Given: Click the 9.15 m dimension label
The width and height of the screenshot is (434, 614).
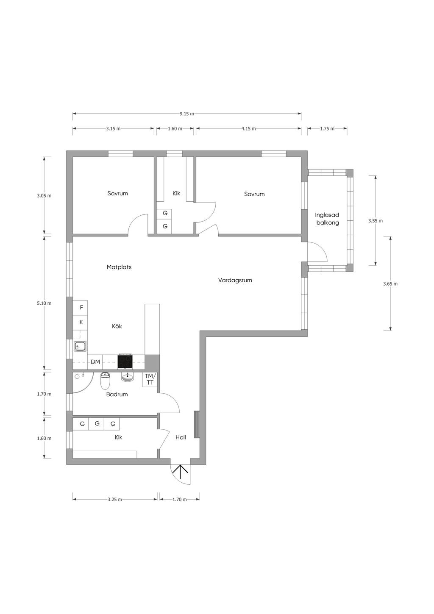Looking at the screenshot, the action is (187, 114).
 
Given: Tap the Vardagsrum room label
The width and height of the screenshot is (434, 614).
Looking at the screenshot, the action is (235, 280).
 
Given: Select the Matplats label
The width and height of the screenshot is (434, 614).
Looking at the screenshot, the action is (119, 267).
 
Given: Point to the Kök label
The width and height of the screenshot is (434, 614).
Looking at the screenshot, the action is (117, 326).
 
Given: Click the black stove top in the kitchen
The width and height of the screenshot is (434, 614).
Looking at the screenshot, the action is (125, 362).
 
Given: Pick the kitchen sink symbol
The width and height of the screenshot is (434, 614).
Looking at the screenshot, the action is (81, 347).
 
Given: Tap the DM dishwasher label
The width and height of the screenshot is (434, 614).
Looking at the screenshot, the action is (95, 362).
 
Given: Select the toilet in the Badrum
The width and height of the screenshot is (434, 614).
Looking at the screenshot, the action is (105, 381).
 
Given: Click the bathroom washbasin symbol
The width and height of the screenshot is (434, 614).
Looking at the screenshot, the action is (128, 377).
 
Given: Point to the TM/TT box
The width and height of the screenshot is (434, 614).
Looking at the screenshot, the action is (150, 379).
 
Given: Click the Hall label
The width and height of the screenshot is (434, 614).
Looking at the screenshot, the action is (181, 437).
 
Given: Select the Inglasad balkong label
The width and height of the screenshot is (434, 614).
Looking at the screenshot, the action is (327, 219).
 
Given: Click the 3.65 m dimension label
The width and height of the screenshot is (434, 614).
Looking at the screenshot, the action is (390, 284).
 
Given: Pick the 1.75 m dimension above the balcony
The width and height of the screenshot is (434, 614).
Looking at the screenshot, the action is (327, 128).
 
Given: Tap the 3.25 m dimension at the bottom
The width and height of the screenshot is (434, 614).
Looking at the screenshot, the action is (114, 500).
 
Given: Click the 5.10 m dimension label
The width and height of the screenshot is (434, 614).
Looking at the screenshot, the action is (44, 303).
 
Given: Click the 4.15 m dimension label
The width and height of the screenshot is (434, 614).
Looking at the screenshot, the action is (248, 128).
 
